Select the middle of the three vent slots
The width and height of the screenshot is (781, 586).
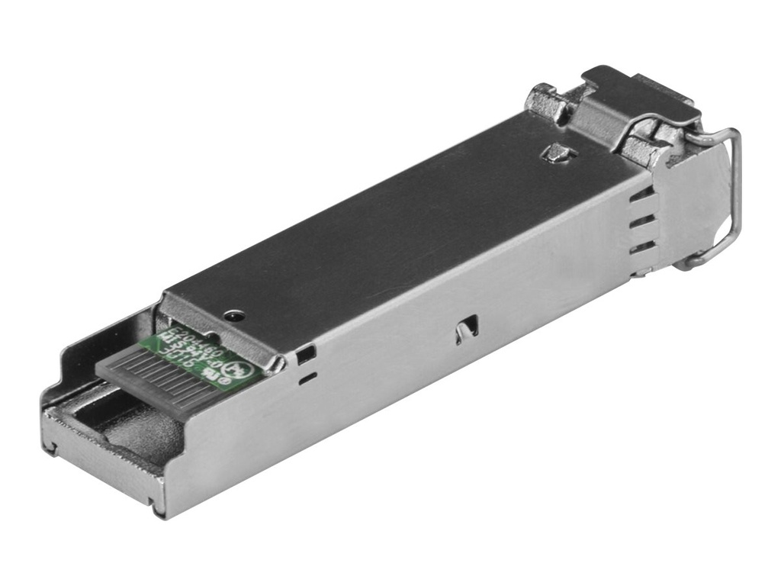coord(642,221)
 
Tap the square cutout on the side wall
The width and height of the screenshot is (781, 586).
coord(307,353)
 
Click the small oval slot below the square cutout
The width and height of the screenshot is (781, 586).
coord(307,375)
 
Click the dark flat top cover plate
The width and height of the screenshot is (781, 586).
coord(381,229)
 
